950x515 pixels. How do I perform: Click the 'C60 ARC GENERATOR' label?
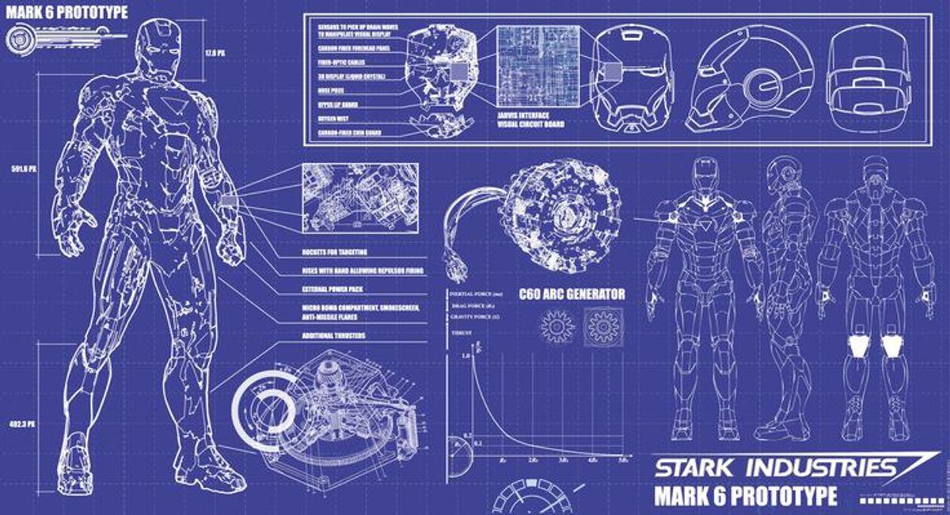(572, 294)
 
